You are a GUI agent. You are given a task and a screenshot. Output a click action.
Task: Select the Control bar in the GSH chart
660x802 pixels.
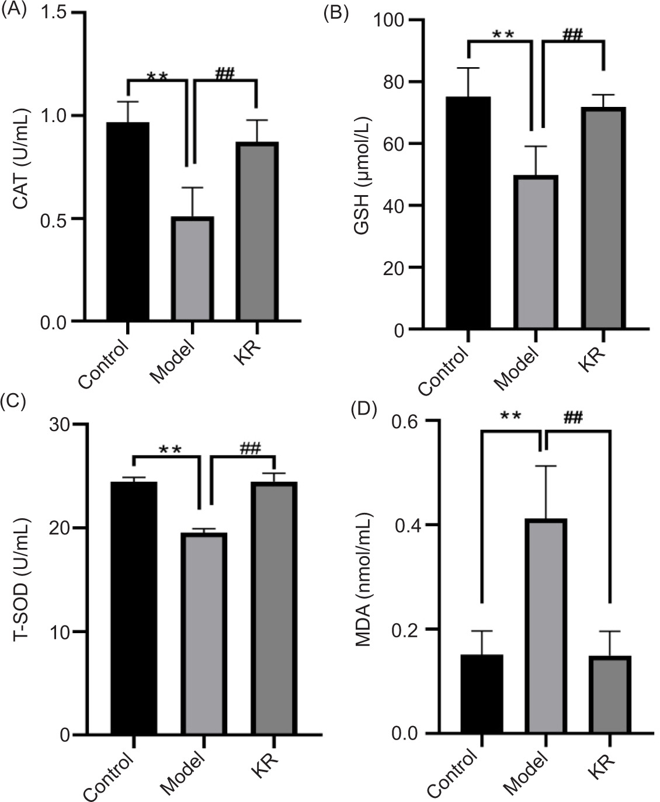click(x=468, y=213)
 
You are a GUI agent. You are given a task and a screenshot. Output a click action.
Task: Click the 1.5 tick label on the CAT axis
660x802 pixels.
click(x=55, y=13)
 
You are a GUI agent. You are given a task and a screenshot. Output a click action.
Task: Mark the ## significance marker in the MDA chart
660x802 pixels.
click(x=574, y=417)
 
